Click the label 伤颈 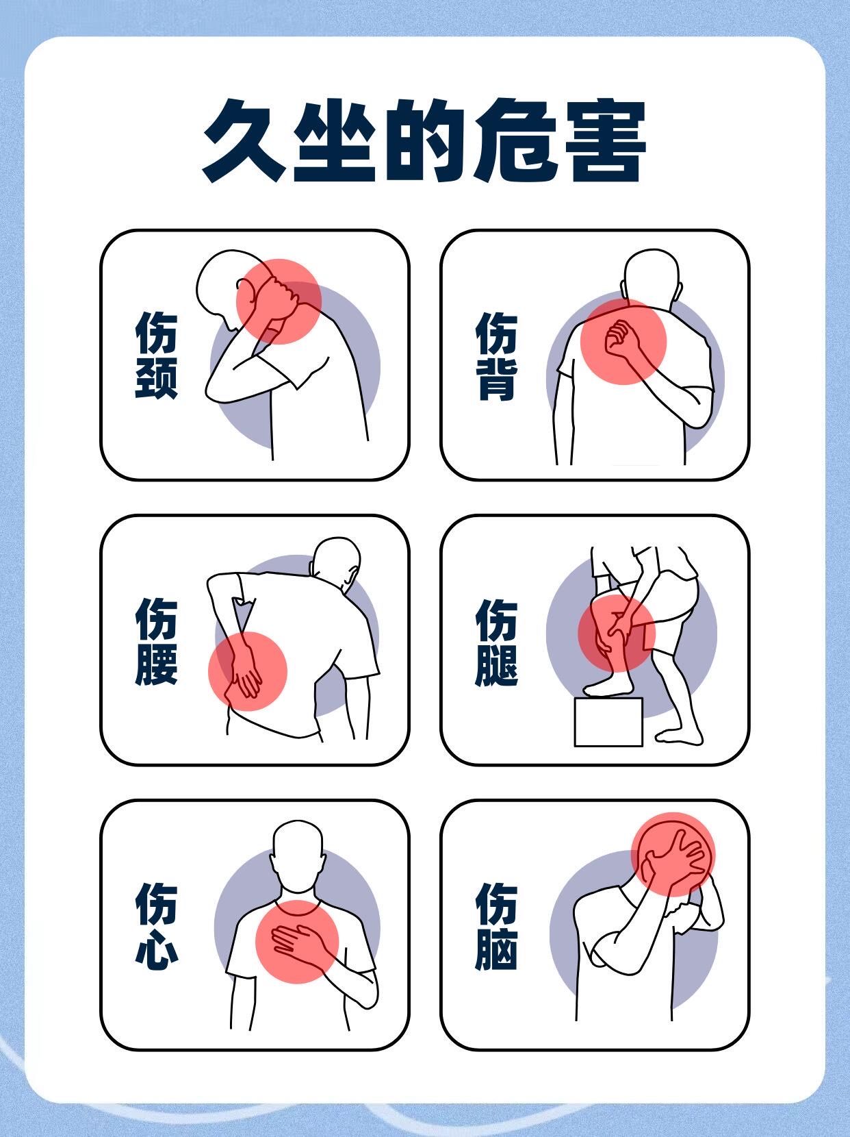pos(156,355)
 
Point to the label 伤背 pos(496,356)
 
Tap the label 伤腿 pos(496,642)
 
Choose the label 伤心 pos(156,927)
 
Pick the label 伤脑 pos(496,927)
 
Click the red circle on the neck pos(279,301)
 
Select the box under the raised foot pos(608,722)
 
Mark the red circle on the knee pos(616,633)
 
